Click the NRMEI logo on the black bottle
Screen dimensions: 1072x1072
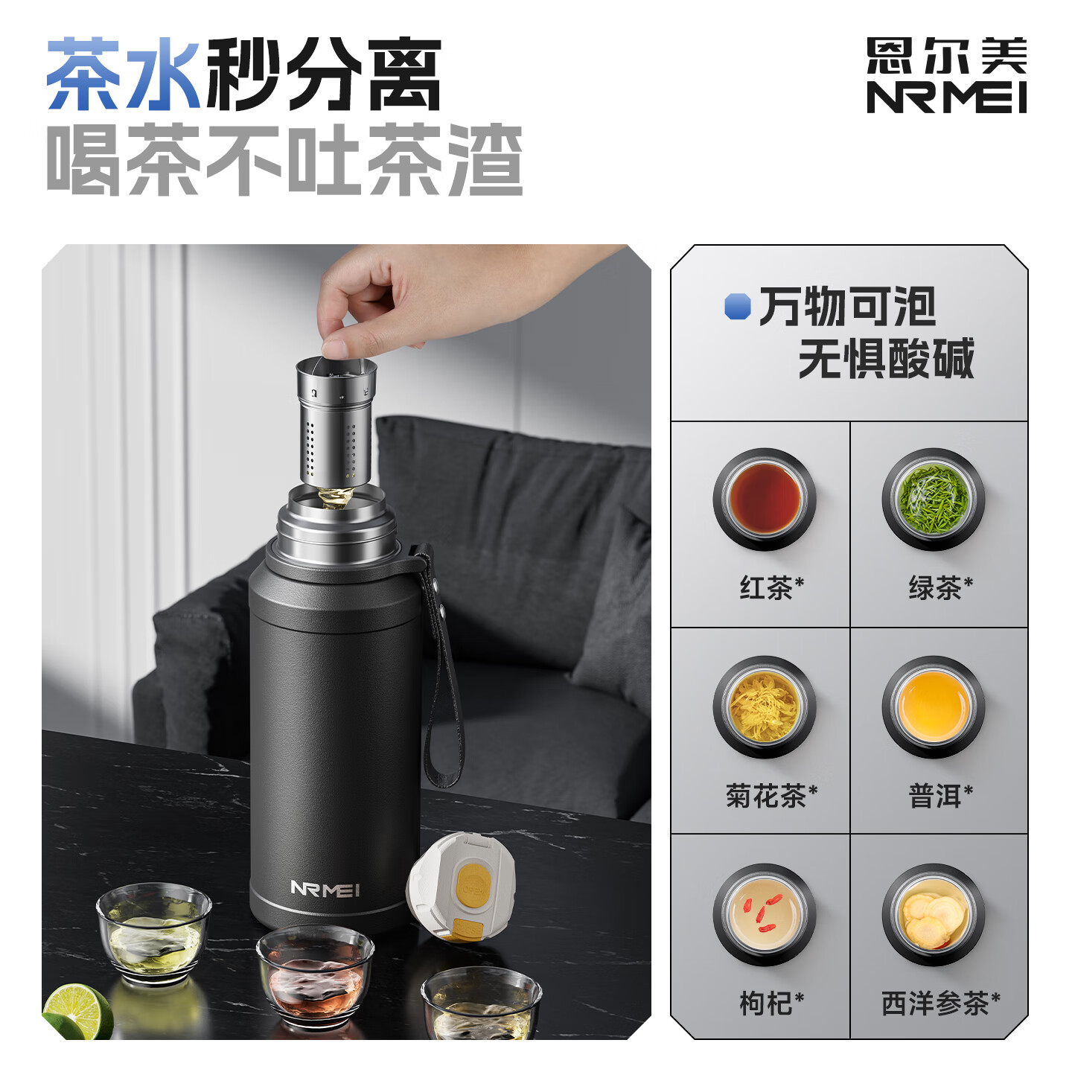click(x=325, y=889)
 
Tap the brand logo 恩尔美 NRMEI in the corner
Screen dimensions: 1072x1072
click(x=946, y=76)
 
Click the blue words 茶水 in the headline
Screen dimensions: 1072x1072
click(x=123, y=74)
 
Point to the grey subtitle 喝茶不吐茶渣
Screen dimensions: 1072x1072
click(x=284, y=160)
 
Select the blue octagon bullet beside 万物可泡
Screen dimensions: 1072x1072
click(x=737, y=306)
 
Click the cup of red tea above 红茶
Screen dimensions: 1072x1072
click(x=765, y=500)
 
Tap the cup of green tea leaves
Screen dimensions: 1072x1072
click(x=934, y=500)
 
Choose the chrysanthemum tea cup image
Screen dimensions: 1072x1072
click(x=765, y=706)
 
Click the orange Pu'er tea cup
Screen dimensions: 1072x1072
click(x=934, y=706)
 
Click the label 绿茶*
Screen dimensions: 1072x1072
click(x=940, y=588)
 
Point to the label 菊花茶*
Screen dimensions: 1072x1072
click(x=771, y=796)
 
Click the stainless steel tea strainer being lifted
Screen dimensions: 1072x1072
click(x=336, y=424)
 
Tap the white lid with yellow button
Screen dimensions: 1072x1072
click(x=462, y=886)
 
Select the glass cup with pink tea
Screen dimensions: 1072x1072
click(x=315, y=975)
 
